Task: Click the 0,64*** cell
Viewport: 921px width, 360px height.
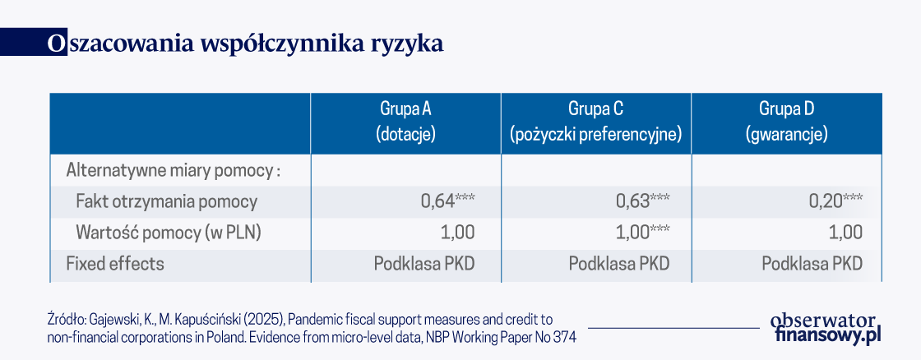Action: coord(447,201)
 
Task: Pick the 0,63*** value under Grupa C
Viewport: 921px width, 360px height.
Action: coord(642,201)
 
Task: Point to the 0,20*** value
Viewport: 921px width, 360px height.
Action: coord(835,201)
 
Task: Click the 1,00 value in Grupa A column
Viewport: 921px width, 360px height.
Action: coord(457,233)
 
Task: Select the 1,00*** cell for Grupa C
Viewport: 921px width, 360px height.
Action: coord(642,233)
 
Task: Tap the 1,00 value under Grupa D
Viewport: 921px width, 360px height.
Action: coord(846,233)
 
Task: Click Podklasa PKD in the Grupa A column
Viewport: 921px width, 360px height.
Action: coord(424,264)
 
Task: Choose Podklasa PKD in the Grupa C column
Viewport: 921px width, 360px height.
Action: coord(619,264)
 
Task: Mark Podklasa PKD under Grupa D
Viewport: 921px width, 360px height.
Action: coord(812,264)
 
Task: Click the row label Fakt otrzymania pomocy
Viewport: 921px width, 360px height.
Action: coord(167,202)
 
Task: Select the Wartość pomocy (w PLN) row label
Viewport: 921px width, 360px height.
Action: coord(169,233)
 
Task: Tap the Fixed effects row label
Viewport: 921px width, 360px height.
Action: coord(115,264)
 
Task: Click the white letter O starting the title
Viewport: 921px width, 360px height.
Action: coord(54,44)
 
